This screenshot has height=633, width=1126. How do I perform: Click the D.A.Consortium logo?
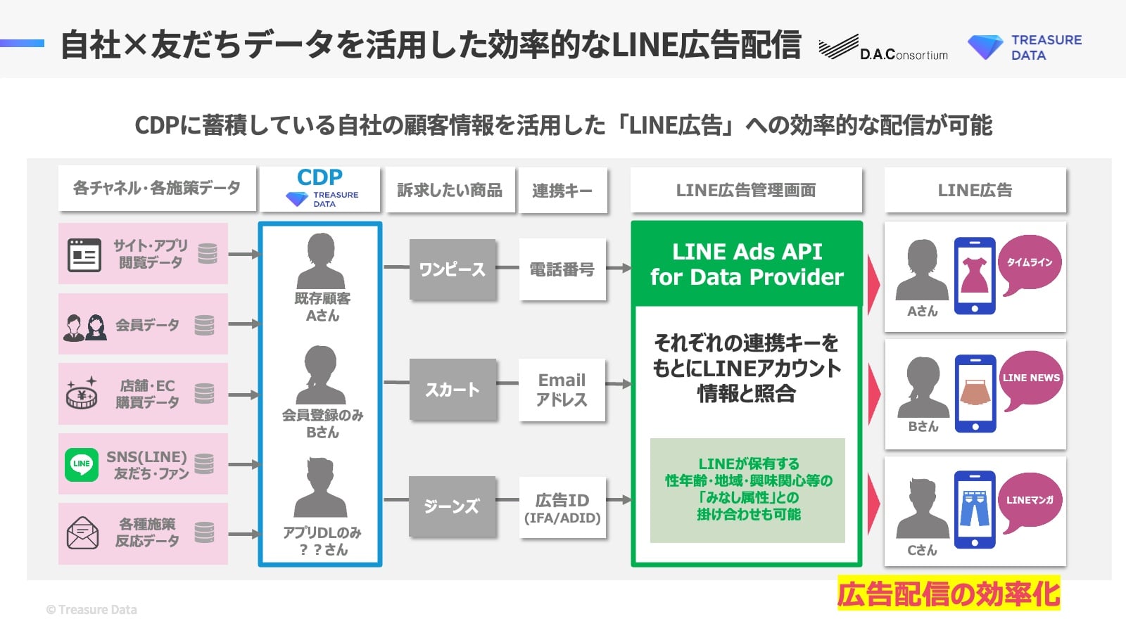pyautogui.click(x=883, y=48)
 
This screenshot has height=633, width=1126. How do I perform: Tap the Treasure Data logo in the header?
pyautogui.click(x=1025, y=47)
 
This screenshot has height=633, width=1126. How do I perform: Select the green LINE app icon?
pyautogui.click(x=82, y=464)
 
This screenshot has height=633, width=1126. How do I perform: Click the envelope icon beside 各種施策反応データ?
pyautogui.click(x=82, y=532)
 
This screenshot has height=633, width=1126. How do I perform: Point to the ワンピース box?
pyautogui.click(x=453, y=269)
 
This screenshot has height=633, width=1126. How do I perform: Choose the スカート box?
pyautogui.click(x=453, y=390)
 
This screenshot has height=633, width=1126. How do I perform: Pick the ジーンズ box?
pyautogui.click(x=453, y=506)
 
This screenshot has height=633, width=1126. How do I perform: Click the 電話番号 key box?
pyautogui.click(x=562, y=269)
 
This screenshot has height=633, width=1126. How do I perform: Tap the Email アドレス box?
pyautogui.click(x=562, y=390)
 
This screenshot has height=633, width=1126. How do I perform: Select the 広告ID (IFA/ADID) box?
pyautogui.click(x=562, y=508)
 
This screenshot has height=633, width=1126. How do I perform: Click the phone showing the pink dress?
pyautogui.click(x=975, y=276)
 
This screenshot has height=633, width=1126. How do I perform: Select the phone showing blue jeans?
pyautogui.click(x=975, y=509)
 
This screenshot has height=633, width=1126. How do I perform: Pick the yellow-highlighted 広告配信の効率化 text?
pyautogui.click(x=948, y=594)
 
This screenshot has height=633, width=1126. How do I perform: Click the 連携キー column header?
pyautogui.click(x=562, y=190)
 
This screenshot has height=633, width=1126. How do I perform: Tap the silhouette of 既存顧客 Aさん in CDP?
pyautogui.click(x=321, y=262)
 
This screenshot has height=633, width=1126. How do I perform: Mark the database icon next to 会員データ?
pyautogui.click(x=204, y=325)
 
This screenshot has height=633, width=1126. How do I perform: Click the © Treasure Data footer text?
pyautogui.click(x=91, y=610)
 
